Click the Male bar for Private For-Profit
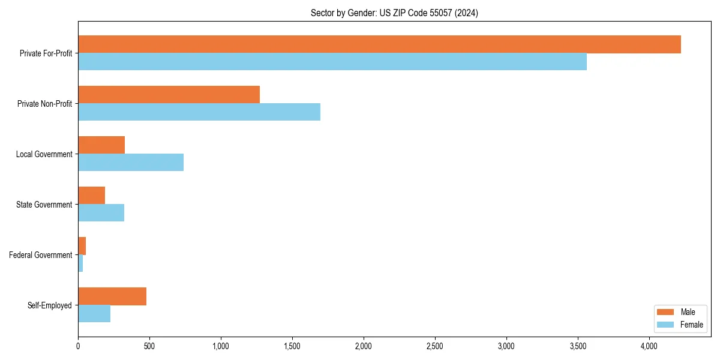coord(379,44)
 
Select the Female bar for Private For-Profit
coord(332,62)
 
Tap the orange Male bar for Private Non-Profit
coord(169,95)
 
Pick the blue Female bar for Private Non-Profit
coord(199,112)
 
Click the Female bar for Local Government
coord(131,163)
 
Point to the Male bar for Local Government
coord(101,145)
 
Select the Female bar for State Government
coord(101,213)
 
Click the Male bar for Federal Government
coord(82,246)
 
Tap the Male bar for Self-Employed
coord(112,296)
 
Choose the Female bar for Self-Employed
coord(94,314)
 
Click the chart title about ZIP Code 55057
coord(394,13)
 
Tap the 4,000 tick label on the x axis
coord(649,346)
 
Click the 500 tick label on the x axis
coord(149,346)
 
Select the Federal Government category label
coord(41,255)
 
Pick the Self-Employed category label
coord(50,305)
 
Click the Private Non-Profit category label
coord(44,104)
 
